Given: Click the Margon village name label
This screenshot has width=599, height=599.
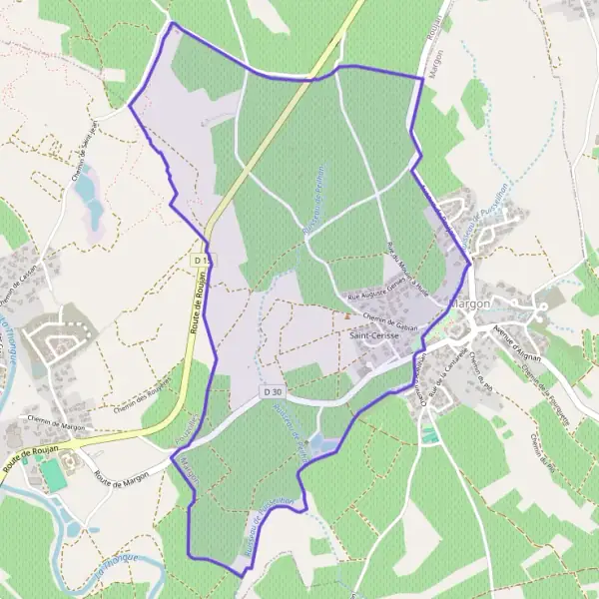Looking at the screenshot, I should [x=470, y=301].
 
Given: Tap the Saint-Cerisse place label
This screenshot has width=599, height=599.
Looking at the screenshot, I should [x=375, y=336].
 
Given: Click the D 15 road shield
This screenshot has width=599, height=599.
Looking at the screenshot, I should [x=202, y=261].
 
